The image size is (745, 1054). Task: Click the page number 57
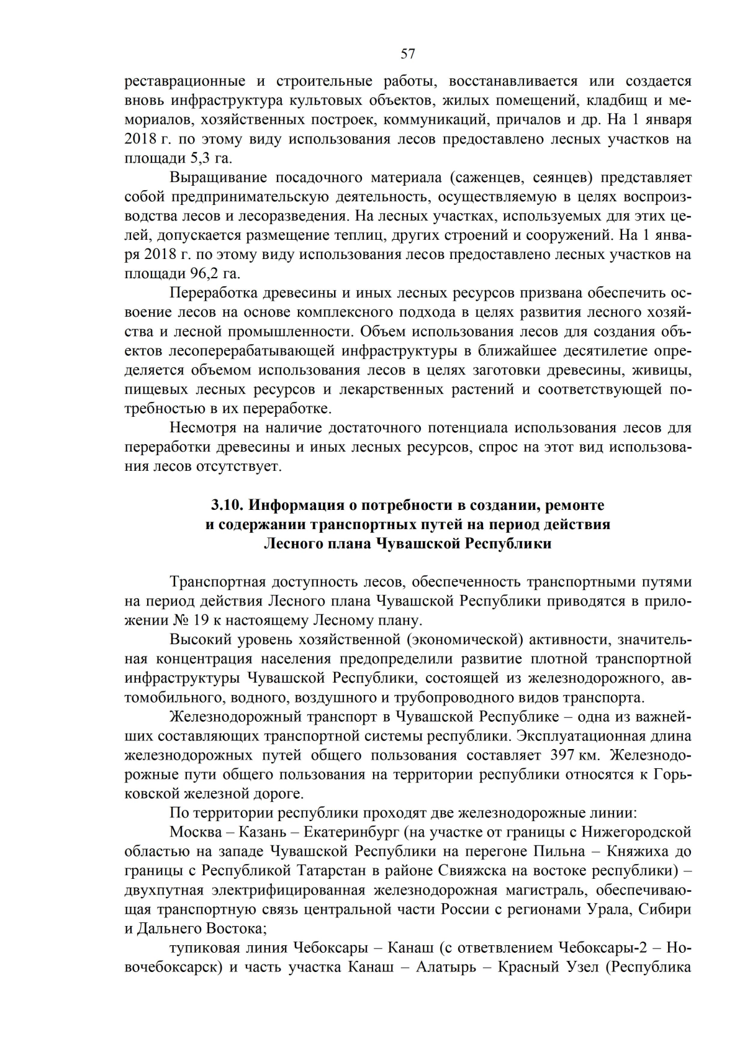tap(408, 54)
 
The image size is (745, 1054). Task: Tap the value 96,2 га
tap(215, 274)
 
